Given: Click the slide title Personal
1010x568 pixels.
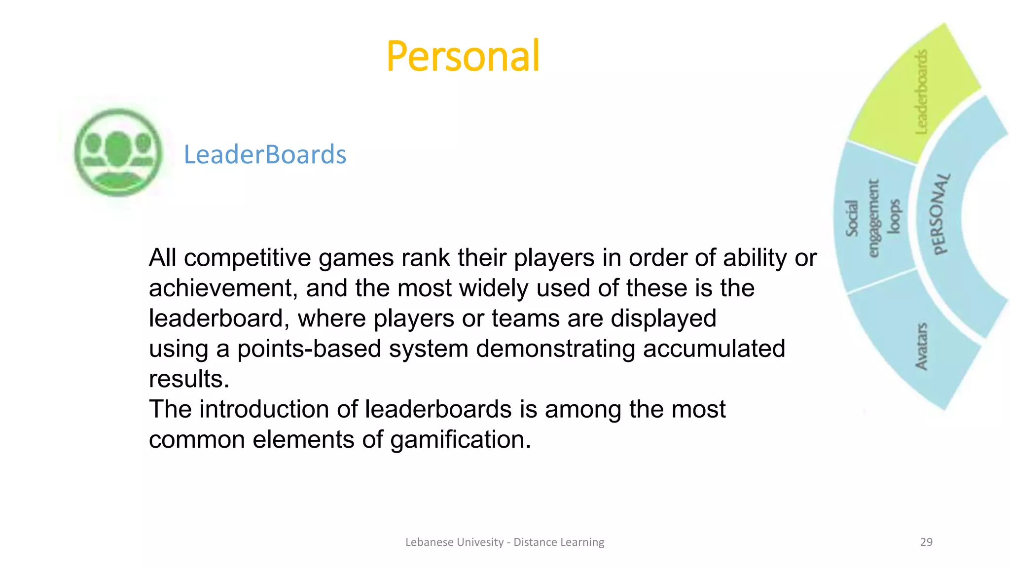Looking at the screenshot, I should point(463,56).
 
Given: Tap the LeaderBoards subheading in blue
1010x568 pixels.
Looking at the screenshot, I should point(265,155).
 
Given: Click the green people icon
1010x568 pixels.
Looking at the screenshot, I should point(118,152).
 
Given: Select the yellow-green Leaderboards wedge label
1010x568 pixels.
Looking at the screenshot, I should point(921,92).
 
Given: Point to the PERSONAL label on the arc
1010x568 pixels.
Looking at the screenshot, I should point(940,214).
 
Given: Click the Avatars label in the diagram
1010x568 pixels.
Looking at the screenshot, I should point(921,347).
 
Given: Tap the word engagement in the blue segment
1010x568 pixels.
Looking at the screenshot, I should point(873,218).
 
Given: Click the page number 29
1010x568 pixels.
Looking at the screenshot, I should point(926,542).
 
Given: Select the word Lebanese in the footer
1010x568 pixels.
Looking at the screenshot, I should point(429,542).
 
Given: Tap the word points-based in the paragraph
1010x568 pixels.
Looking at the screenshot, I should point(309,349).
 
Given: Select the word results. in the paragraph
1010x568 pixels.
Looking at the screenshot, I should point(189,379).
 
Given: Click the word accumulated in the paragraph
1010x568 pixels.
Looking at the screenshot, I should point(714,349).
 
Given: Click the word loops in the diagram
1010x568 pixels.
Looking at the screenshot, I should point(895,216).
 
